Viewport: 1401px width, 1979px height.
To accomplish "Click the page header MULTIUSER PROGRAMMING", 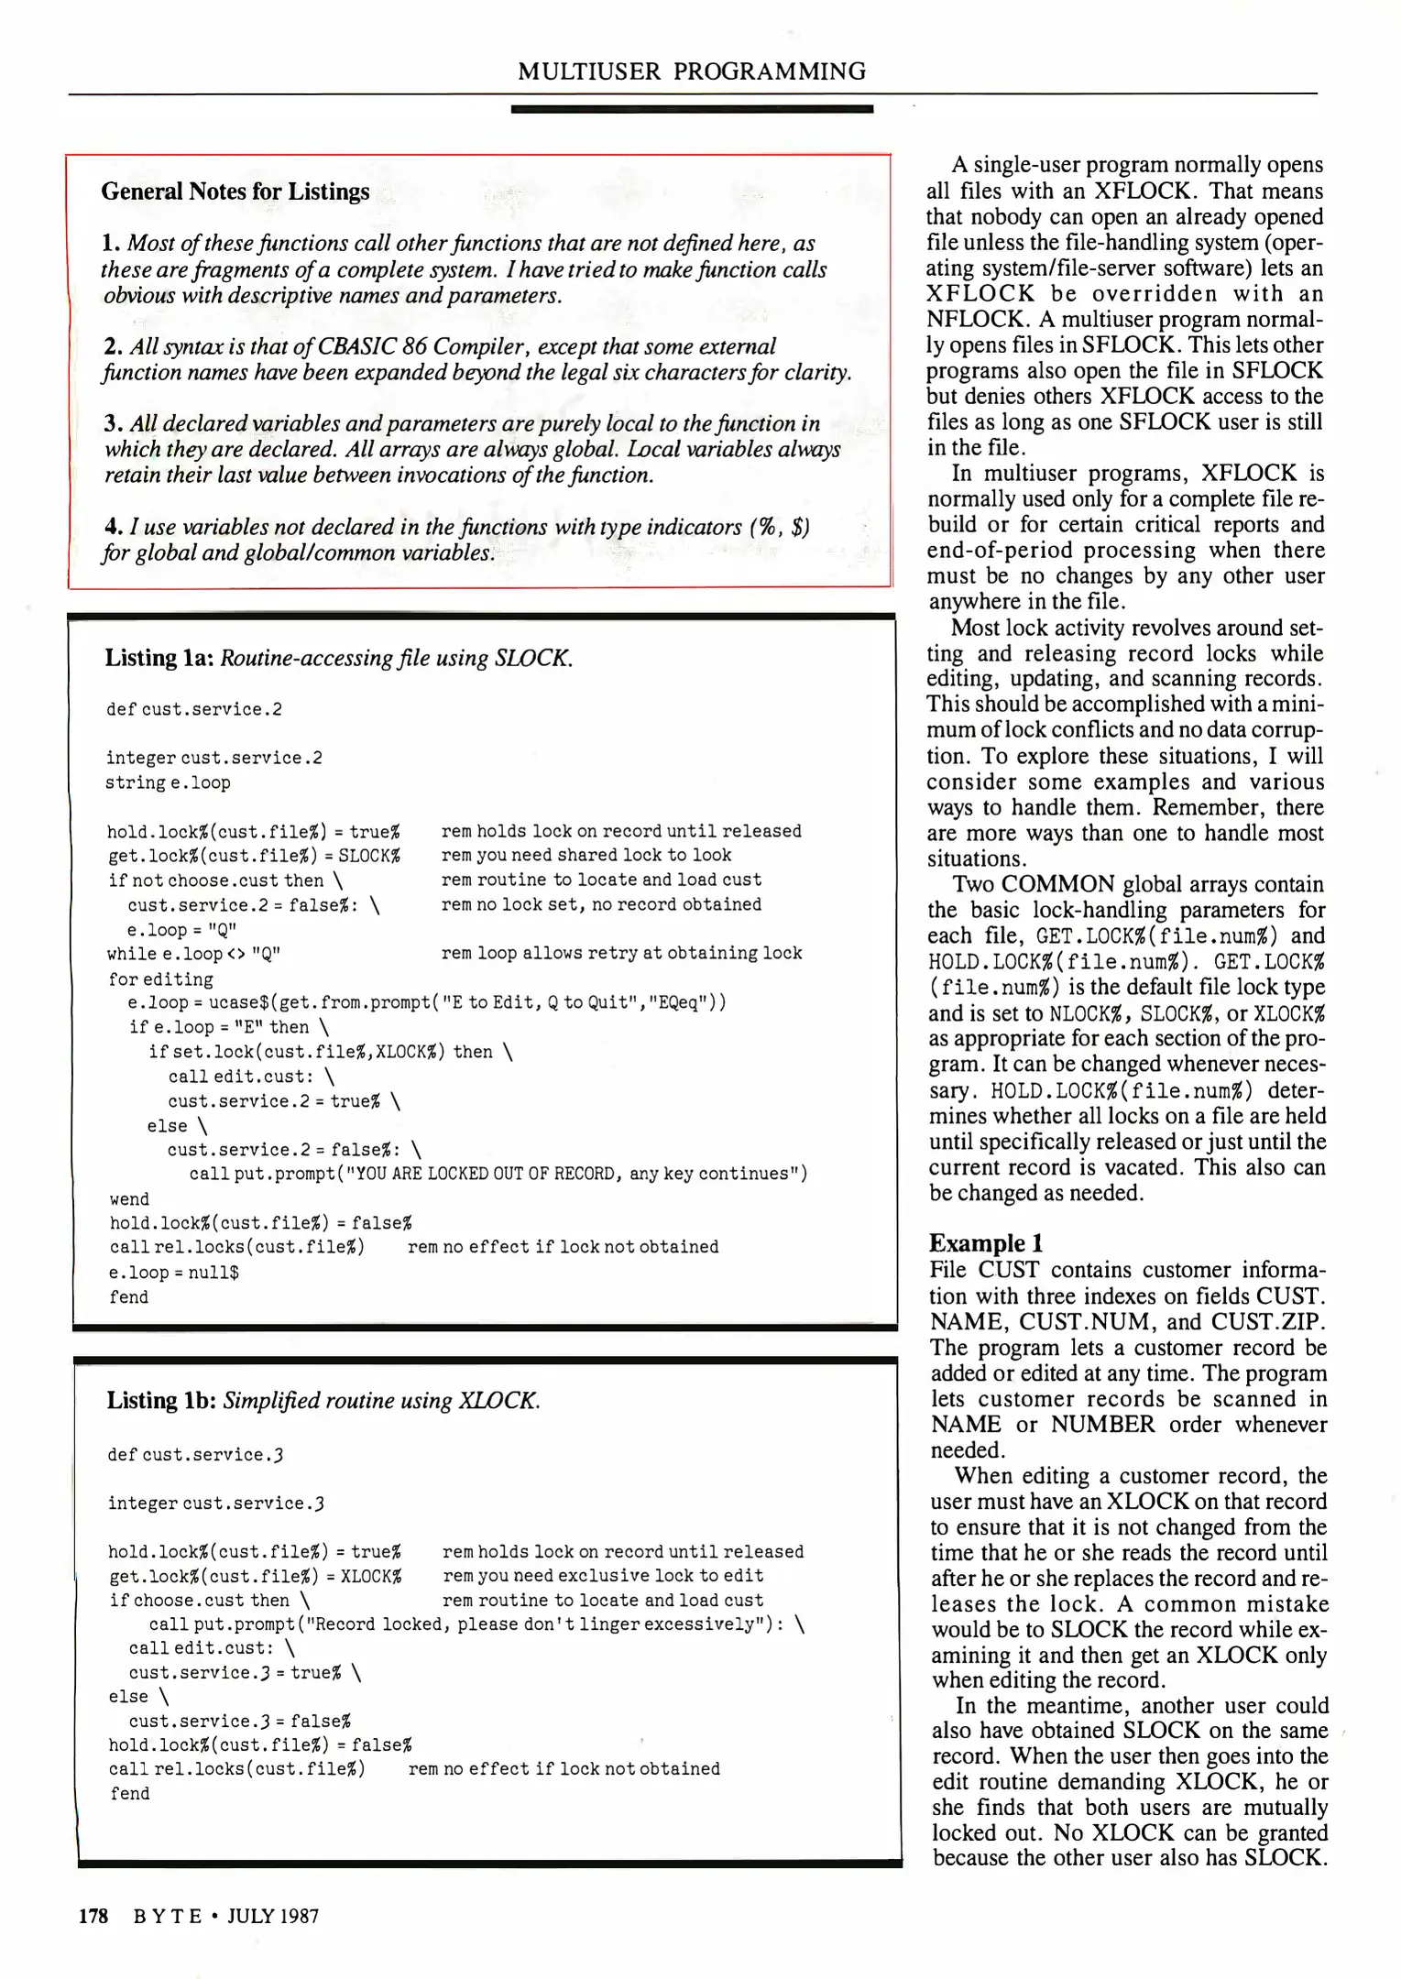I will click(692, 71).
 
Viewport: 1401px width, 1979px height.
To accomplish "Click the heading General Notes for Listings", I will click(235, 191).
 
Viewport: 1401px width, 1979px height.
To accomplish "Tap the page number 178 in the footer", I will click(93, 1915).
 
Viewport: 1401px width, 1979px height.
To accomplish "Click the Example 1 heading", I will click(986, 1243).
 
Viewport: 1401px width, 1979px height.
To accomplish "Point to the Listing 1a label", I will click(159, 658).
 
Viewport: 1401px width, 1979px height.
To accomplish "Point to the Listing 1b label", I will click(160, 1400).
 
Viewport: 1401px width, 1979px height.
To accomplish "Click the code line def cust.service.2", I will click(194, 709).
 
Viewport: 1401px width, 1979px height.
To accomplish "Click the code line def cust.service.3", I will click(195, 1454).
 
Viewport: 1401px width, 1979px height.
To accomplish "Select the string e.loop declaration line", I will click(169, 782).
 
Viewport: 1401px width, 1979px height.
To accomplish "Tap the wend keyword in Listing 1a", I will click(129, 1199).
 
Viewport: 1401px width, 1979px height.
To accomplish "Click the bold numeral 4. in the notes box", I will click(114, 527).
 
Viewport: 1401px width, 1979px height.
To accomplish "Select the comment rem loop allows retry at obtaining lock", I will click(621, 953).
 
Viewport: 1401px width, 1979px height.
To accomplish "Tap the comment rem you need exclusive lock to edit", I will click(603, 1575).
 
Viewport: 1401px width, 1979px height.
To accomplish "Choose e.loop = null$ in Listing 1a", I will click(174, 1273).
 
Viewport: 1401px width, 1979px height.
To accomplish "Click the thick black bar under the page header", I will click(692, 109).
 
